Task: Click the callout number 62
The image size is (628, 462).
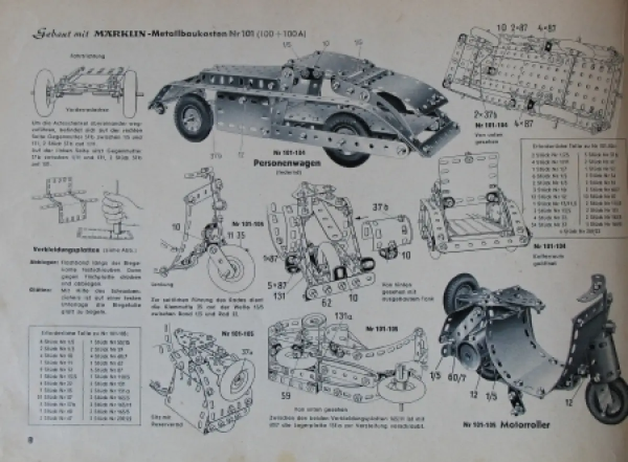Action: click(x=327, y=302)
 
